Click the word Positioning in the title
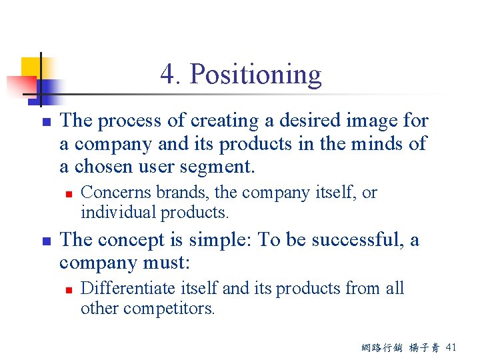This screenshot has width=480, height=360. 255,75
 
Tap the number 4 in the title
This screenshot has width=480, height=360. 168,75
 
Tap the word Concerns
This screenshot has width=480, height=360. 115,193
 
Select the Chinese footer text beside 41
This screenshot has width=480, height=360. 406,347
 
